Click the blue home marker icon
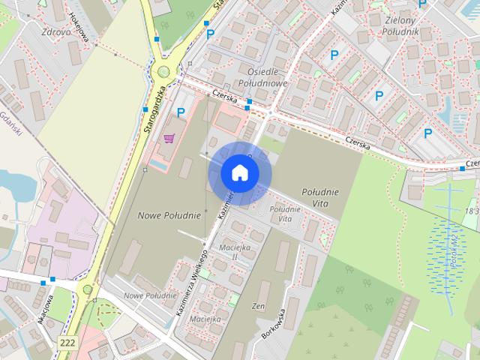[239, 173]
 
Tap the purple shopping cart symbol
[169, 138]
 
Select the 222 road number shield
[66, 341]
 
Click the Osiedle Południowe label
[257, 76]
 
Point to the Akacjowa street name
[41, 309]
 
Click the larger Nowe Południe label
[169, 215]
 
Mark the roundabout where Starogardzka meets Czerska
[163, 72]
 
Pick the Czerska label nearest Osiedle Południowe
[224, 97]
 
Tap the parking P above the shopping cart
[181, 113]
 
